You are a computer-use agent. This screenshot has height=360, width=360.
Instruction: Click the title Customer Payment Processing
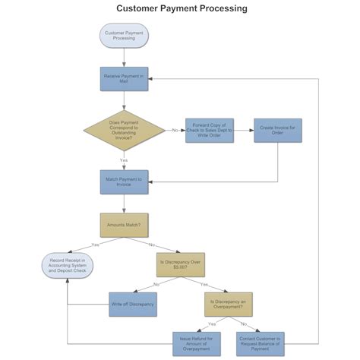click(181, 9)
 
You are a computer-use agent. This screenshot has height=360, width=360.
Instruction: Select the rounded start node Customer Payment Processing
click(124, 36)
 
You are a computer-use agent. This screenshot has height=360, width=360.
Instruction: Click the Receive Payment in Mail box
click(124, 79)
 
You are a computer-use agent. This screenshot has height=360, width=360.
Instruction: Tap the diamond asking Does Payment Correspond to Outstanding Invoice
click(124, 130)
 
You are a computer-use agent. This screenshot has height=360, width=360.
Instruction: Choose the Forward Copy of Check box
click(210, 130)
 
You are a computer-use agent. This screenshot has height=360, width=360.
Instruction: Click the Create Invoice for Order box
click(278, 130)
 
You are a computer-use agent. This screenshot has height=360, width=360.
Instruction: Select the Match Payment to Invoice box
click(124, 182)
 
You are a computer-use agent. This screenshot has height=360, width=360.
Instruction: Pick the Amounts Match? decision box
click(124, 225)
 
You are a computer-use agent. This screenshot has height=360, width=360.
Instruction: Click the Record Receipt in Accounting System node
click(68, 264)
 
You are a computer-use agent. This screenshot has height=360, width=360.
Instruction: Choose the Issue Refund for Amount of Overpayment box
click(197, 343)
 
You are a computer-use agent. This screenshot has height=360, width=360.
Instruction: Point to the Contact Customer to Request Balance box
click(260, 343)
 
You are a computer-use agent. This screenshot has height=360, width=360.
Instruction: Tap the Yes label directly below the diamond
click(124, 160)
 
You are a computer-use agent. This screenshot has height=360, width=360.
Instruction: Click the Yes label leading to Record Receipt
click(95, 245)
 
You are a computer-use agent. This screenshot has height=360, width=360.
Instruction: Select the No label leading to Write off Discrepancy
click(156, 284)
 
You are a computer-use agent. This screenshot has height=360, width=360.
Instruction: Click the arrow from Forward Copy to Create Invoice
click(243, 130)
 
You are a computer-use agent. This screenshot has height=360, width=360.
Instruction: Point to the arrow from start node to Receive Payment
click(124, 58)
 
